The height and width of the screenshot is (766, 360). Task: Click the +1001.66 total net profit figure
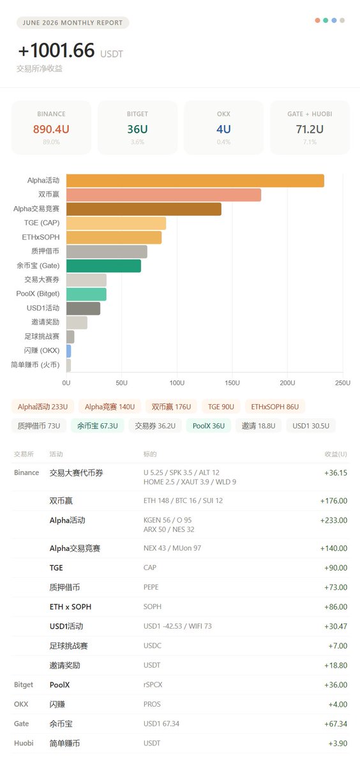[x=56, y=50]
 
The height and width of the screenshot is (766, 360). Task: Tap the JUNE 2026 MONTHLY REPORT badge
[x=73, y=22]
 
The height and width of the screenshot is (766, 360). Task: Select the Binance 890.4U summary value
[x=51, y=129]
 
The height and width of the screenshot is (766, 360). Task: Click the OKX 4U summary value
[x=223, y=129]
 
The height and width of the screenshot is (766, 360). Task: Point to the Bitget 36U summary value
[x=137, y=129]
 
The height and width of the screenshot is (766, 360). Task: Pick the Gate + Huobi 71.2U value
[x=310, y=129]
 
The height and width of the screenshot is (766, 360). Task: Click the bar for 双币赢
[x=164, y=195]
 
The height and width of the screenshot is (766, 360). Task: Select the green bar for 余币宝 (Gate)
[x=103, y=266]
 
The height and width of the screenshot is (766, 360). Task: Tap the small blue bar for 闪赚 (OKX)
[x=69, y=351]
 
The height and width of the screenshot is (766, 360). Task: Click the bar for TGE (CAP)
[x=116, y=223]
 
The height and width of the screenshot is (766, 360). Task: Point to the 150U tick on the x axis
[x=232, y=382]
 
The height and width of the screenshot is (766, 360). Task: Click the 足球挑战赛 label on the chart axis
[x=41, y=336]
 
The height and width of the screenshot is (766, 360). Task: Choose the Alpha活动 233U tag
[x=43, y=407]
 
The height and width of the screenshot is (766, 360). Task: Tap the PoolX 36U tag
[x=209, y=426]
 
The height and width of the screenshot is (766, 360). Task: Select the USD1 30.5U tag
[x=311, y=426]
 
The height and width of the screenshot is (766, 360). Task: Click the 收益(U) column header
[x=336, y=454]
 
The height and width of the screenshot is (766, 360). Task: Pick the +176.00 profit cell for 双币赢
[x=334, y=500]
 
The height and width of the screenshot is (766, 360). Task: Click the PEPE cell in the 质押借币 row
[x=151, y=587]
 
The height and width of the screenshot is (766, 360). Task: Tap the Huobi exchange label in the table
[x=24, y=743]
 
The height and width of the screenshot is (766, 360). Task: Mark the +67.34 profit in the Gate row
[x=336, y=724]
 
